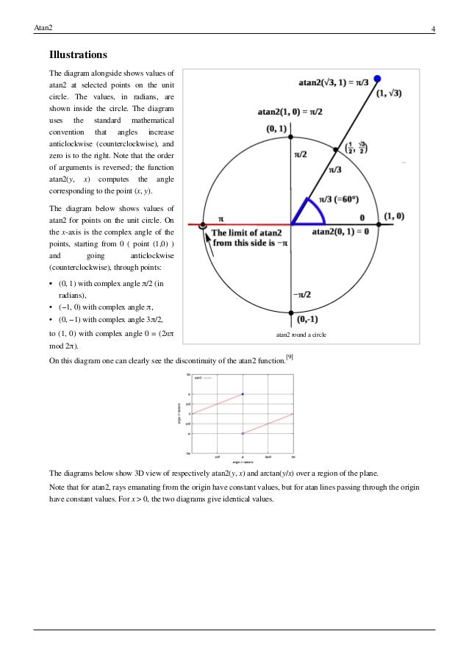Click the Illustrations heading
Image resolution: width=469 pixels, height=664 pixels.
(78, 55)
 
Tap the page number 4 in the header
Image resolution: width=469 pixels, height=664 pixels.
(434, 29)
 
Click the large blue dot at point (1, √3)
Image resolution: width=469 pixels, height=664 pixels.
(378, 79)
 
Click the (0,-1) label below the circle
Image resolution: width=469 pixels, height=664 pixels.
(309, 321)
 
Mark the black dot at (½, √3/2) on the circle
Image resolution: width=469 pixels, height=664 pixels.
(337, 149)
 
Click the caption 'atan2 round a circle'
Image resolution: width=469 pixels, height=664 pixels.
(300, 335)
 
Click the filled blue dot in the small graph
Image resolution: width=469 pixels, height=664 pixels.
(243, 394)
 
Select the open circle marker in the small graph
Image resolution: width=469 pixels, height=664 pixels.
(243, 434)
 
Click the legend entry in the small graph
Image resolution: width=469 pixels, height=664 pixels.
(205, 378)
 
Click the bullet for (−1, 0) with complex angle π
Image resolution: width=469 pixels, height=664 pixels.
(51, 307)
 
